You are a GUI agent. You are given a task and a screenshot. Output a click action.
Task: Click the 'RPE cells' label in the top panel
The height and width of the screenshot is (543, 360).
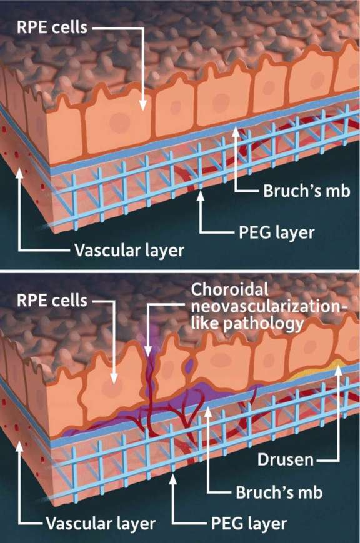click(x=52, y=27)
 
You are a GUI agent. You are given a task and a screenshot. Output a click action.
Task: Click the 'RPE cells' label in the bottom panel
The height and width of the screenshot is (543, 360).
click(x=52, y=300)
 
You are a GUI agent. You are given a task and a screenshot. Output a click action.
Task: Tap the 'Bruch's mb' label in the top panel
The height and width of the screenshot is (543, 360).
click(x=307, y=191)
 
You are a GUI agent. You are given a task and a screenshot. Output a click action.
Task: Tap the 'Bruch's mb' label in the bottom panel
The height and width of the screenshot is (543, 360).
click(x=279, y=492)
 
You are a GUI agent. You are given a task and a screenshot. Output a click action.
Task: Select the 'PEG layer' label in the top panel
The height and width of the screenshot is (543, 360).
click(x=277, y=232)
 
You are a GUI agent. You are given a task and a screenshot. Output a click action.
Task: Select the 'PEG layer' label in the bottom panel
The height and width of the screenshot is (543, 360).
click(x=249, y=524)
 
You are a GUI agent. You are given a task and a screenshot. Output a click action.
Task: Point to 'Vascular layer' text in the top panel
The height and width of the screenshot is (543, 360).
click(x=129, y=250)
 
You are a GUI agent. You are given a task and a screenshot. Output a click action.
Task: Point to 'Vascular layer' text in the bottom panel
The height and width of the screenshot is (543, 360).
click(x=101, y=524)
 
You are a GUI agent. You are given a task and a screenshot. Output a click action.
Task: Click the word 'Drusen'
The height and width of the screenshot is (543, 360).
click(x=286, y=460)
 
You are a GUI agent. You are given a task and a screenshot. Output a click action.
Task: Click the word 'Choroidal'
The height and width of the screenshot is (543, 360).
click(x=230, y=289)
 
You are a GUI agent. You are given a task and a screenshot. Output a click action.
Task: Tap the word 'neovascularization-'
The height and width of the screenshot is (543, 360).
click(x=269, y=306)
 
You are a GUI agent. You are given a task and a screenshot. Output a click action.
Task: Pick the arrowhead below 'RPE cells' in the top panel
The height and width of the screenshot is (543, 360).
click(x=143, y=106)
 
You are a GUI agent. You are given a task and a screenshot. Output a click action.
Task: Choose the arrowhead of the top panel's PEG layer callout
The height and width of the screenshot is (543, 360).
click(x=200, y=196)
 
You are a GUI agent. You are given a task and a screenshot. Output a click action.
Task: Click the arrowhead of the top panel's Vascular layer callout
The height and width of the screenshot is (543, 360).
click(x=20, y=172)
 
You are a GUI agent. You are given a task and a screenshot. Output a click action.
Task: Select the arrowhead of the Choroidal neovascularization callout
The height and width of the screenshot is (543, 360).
click(x=148, y=352)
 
